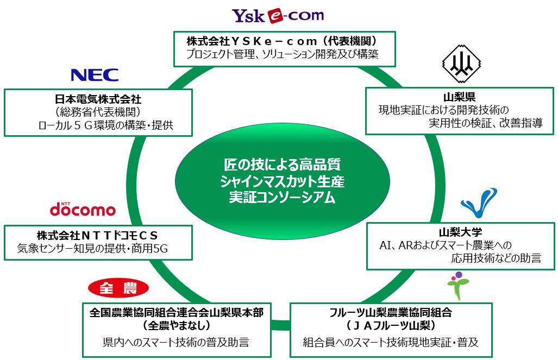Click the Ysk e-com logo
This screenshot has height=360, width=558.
click(x=278, y=16)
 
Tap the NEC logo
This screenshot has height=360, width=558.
click(x=95, y=74)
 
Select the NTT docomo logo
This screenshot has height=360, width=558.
click(x=83, y=209)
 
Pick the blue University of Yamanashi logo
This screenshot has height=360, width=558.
click(x=479, y=203)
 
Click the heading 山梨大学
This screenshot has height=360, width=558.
click(x=460, y=232)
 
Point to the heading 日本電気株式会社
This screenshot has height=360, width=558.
click(x=98, y=99)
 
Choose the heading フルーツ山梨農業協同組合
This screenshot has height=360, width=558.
click(x=391, y=313)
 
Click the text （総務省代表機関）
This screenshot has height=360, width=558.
click(x=98, y=112)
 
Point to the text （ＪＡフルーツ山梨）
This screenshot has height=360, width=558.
click(x=391, y=326)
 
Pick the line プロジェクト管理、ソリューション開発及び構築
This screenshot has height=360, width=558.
click(x=282, y=54)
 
